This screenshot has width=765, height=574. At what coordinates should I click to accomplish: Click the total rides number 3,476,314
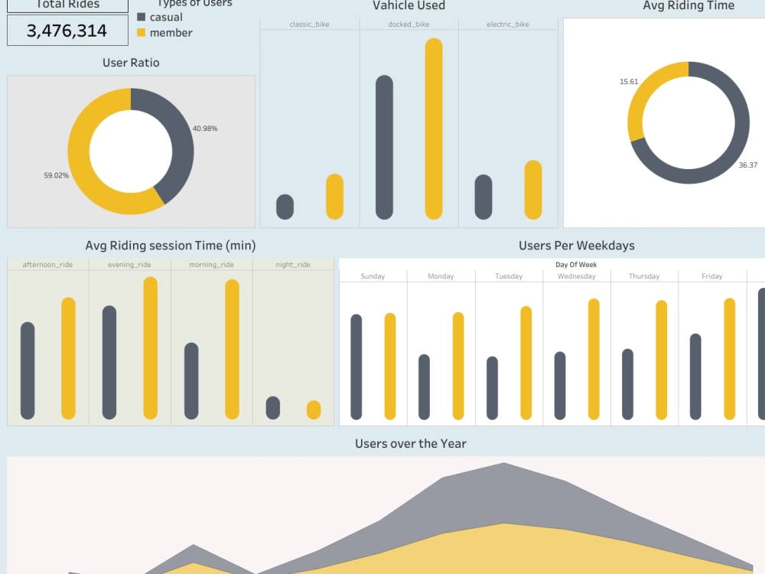click(x=67, y=31)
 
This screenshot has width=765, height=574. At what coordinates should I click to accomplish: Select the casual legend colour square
click(x=142, y=17)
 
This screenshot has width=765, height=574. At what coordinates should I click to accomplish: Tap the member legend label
click(x=171, y=33)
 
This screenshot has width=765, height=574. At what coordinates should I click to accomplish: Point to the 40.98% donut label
click(x=205, y=129)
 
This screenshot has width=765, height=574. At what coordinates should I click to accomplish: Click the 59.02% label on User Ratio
click(x=56, y=175)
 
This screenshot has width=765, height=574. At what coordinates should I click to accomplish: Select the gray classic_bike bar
click(x=285, y=207)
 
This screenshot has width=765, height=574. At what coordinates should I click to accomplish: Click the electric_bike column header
click(x=508, y=24)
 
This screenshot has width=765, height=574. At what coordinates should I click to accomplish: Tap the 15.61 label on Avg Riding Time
click(x=629, y=82)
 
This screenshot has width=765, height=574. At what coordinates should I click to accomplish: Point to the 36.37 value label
click(x=748, y=165)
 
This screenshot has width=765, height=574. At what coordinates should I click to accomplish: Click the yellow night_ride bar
click(x=314, y=410)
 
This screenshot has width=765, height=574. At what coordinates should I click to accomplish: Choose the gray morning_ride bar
click(x=191, y=380)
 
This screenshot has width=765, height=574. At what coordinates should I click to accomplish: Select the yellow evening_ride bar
click(x=151, y=348)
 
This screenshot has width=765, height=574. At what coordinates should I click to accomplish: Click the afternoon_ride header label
click(x=48, y=265)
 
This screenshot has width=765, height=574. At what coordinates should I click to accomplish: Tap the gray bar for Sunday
click(x=356, y=367)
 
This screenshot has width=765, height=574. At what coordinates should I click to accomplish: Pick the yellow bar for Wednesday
click(x=594, y=359)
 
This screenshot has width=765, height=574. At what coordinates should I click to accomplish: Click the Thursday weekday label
click(x=644, y=276)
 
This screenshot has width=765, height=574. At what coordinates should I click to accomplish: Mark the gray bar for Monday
click(x=424, y=386)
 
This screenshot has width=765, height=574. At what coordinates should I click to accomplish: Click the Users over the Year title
click(x=411, y=444)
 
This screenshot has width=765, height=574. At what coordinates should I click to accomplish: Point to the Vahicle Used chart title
click(x=409, y=6)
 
